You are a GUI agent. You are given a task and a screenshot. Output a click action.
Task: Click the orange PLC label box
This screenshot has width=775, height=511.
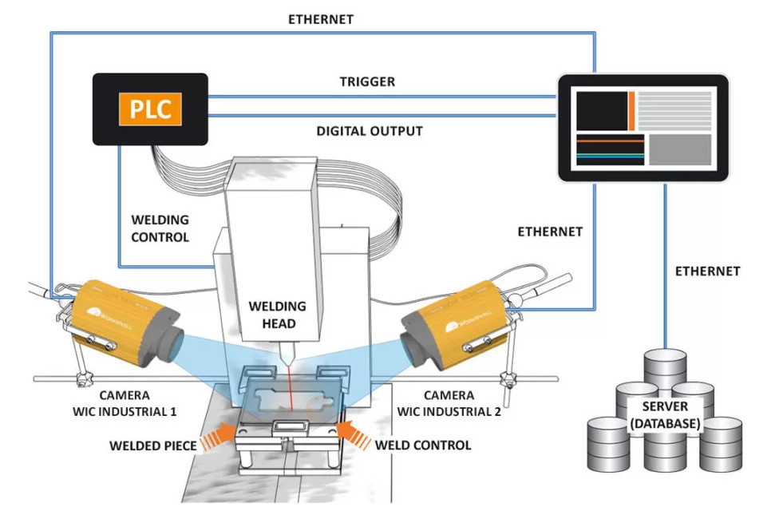[151, 109]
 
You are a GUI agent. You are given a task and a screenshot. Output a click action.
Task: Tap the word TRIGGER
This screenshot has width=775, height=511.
[367, 82]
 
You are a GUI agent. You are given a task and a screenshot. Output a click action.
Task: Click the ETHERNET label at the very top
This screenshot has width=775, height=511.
[321, 18]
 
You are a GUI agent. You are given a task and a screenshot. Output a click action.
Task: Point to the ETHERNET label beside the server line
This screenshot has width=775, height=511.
[707, 271]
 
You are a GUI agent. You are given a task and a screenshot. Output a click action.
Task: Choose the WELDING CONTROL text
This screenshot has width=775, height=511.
[160, 228]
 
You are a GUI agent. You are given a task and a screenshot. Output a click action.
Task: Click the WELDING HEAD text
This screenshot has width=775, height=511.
[278, 315]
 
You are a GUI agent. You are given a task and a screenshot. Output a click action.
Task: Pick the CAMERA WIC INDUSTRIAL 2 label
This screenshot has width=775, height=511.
[449, 403]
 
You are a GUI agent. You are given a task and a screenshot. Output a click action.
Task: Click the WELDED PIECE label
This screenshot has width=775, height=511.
[153, 445]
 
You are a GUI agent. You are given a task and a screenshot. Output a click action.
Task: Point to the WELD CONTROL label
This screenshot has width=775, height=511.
[423, 445]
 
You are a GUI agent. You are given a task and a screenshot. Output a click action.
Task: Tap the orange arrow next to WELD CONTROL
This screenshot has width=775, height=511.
[352, 435]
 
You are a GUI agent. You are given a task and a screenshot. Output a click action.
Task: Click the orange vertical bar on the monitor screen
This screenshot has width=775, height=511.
[632, 110]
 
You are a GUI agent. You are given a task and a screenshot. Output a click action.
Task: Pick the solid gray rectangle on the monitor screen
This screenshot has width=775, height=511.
[679, 150]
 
